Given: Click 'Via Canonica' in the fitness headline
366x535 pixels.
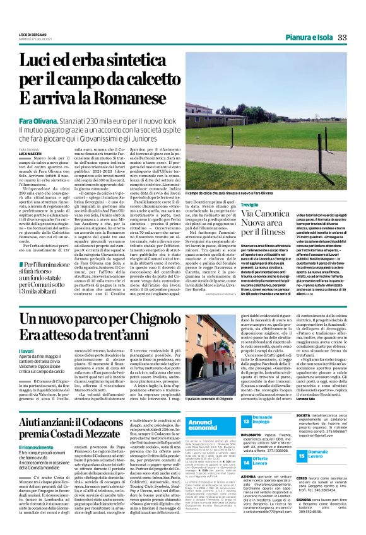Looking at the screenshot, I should pyautogui.click(x=227, y=217).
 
